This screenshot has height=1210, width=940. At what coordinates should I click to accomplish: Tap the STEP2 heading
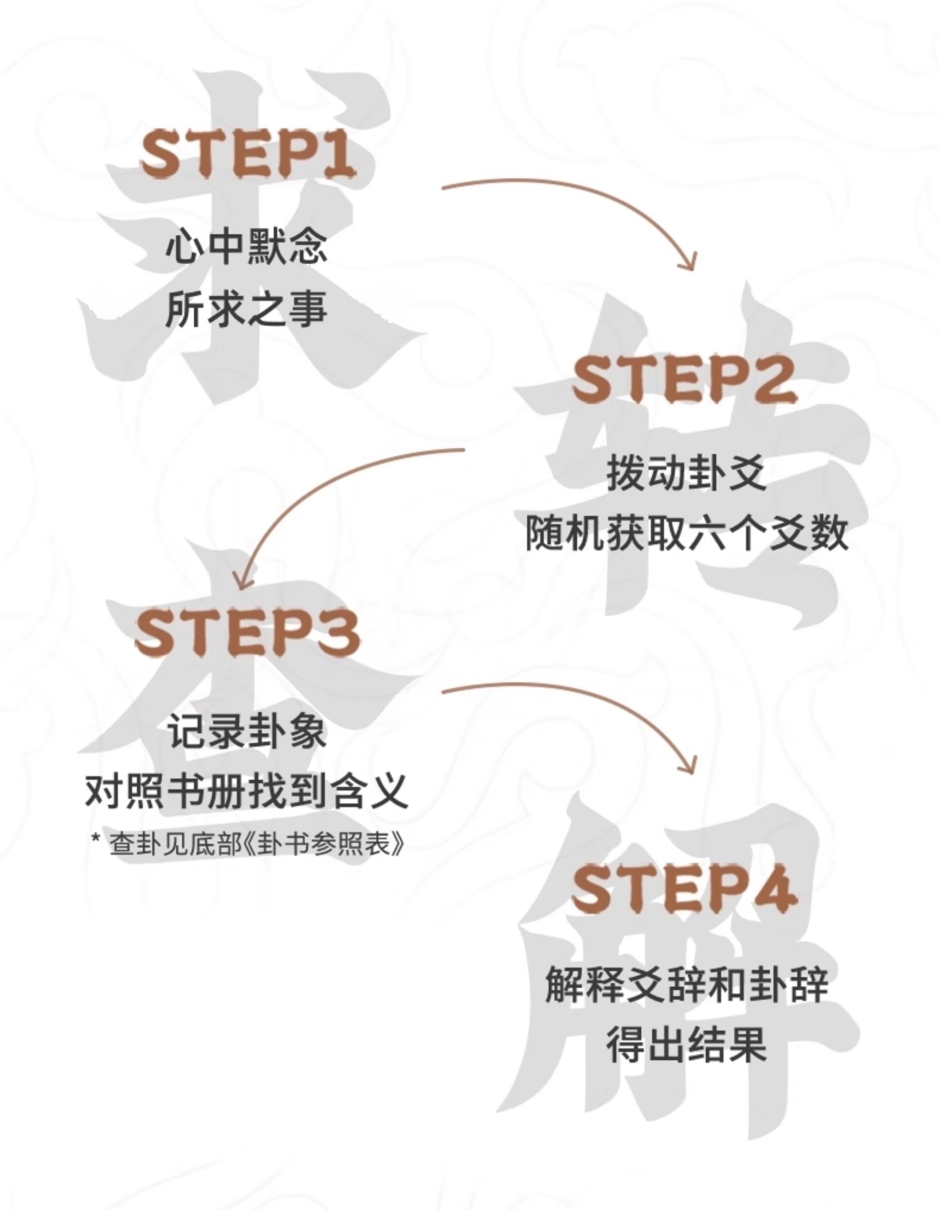685,380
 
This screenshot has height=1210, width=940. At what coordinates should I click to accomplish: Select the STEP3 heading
248,634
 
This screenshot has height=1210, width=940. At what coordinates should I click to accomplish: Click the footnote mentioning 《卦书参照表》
247,844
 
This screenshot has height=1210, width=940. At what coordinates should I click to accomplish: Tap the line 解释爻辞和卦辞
686,984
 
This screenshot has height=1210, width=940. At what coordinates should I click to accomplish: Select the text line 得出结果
686,1044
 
